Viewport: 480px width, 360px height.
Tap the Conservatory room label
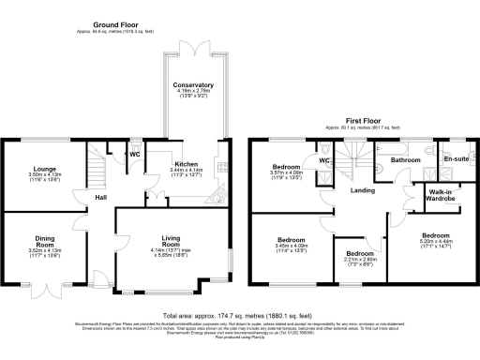(x=193, y=85)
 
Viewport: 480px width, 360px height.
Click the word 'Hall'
(x=98, y=197)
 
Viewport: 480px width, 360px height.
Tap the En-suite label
(x=457, y=159)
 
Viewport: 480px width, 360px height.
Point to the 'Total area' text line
(x=239, y=317)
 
